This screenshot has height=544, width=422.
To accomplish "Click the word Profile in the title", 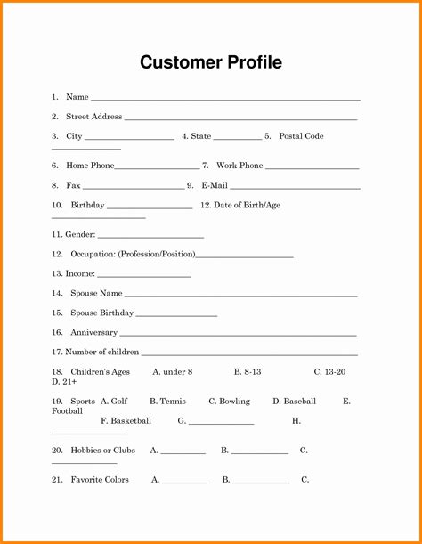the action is coord(253,62).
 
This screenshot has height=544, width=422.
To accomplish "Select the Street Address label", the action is coord(93,117).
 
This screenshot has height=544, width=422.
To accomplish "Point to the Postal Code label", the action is coord(301,136).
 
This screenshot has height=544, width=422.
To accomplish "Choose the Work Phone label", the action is coord(239,166).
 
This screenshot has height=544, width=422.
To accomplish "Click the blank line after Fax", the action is coord(133,187).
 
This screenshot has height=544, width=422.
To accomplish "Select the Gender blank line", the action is coord(150,237).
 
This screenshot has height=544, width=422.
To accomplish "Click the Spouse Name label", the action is coord(96,293).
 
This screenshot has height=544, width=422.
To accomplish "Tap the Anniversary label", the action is coord(93,332).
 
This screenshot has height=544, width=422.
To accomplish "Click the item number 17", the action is coord(57,352).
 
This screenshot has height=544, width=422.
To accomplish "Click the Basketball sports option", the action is coord(131,420).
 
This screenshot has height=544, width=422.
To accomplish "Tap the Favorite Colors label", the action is coord(100,480).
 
